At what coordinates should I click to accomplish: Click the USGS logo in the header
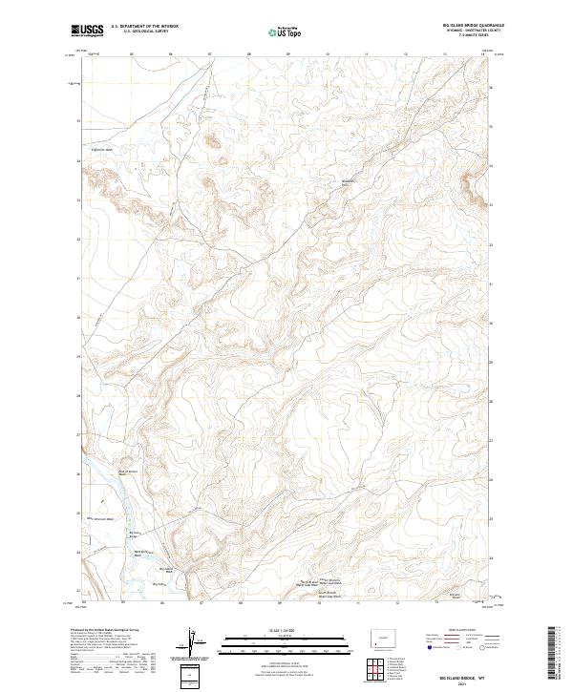pyautogui.click(x=87, y=31)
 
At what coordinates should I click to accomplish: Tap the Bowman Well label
pyautogui.click(x=349, y=181)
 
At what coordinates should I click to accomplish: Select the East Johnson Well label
pyautogui.click(x=129, y=470)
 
